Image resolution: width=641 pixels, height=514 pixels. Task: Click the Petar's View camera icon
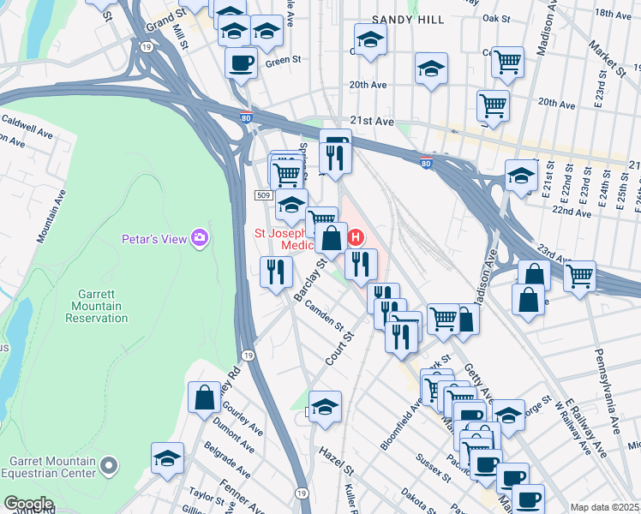(200, 237)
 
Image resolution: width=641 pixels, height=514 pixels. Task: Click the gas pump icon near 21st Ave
(335, 141)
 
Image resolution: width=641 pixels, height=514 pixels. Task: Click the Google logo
(28, 503)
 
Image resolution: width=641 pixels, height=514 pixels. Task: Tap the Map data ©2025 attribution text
(605, 507)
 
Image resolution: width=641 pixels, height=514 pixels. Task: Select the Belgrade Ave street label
(228, 461)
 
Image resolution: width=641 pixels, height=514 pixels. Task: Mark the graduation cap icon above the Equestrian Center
(168, 457)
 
